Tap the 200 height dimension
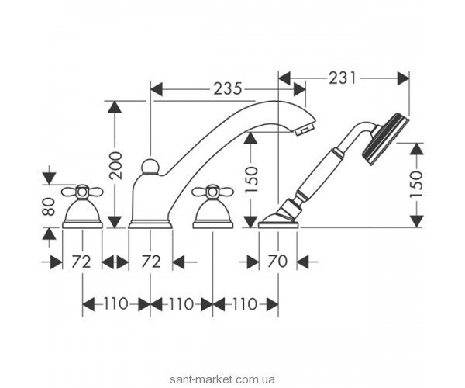coord(116,165)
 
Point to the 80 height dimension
coord(49,206)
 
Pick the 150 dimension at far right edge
coord(416,184)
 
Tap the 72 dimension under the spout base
coord(150,262)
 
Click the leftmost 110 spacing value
coord(116,303)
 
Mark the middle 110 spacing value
coord(181,303)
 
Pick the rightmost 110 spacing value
coord(244,303)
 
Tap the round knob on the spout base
coord(150,167)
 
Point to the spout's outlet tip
coord(308,125)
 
